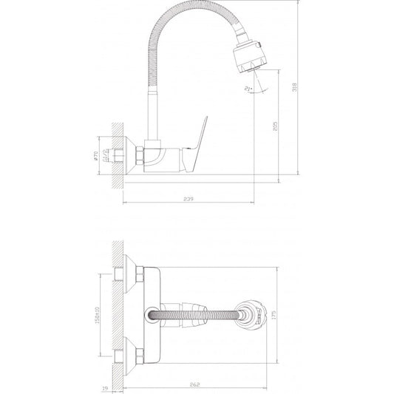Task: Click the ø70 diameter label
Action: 96,156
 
